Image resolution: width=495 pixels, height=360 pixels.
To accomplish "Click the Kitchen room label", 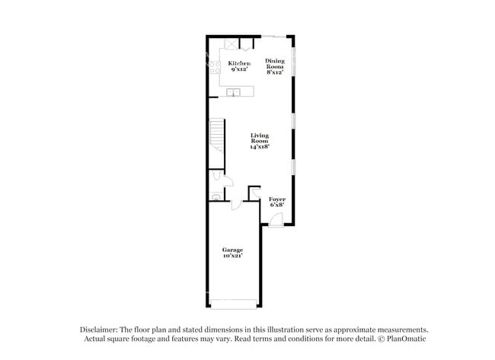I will tap(239, 63).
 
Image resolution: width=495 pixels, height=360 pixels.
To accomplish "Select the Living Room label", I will tap(260, 138).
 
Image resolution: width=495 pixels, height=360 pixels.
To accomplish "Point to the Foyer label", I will tap(276, 199).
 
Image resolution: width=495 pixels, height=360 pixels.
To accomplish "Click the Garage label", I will tap(232, 250).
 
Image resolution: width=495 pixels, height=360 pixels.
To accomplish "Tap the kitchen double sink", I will tap(236, 93).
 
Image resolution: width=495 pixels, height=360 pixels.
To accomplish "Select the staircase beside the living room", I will tap(218, 137).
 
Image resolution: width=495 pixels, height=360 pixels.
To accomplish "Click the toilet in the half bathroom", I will tap(216, 176).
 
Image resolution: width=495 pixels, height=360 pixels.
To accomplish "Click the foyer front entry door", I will tap(275, 221).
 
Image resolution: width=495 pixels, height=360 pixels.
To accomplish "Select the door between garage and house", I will tap(236, 204).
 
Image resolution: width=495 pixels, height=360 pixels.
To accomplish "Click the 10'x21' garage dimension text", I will tap(232, 256).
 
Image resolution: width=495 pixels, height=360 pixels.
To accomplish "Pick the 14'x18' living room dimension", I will tap(260, 147).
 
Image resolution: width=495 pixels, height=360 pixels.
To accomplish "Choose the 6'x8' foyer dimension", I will tap(276, 205).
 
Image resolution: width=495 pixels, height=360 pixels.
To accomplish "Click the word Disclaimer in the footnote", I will tap(104, 330).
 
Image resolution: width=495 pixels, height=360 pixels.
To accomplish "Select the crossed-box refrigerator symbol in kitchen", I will tap(231, 43).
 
